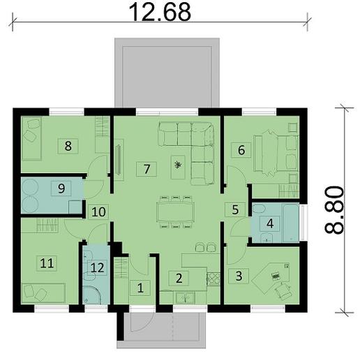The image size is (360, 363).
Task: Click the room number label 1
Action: (x=140, y=286)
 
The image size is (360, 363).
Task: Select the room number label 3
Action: (x=239, y=275)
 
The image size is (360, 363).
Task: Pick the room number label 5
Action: (x=235, y=209)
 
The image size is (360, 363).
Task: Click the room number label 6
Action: (x=241, y=149)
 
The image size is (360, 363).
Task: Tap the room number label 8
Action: (x=68, y=145)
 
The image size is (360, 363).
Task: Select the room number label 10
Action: (x=99, y=211)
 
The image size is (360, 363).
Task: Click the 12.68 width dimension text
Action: (x=160, y=12)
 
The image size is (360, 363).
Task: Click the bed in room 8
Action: (x=32, y=138)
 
